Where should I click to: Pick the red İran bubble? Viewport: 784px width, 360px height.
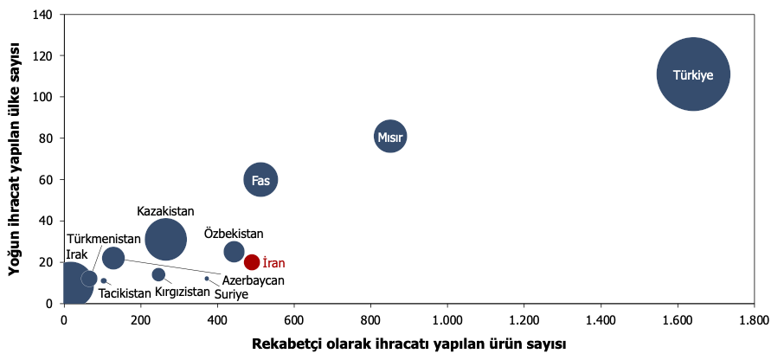(x=251, y=262)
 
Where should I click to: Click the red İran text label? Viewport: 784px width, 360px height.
(x=274, y=262)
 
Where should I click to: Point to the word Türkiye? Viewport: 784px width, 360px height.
(x=693, y=75)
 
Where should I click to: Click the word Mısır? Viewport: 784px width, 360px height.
(x=390, y=137)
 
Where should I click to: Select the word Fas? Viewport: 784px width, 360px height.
(x=260, y=181)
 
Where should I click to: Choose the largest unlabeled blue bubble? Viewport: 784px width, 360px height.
(x=165, y=239)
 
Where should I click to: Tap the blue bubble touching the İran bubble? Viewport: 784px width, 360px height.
(x=234, y=252)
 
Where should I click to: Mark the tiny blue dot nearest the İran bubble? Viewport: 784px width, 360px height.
(x=207, y=278)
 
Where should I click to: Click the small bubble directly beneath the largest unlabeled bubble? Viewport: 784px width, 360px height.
(x=158, y=274)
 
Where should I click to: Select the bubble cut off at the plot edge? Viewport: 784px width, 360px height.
(x=73, y=283)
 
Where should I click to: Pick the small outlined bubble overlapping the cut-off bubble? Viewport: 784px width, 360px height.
(x=89, y=278)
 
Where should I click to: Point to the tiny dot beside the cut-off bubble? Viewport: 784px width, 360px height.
(x=104, y=280)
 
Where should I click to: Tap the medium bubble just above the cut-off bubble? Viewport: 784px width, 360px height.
(x=113, y=258)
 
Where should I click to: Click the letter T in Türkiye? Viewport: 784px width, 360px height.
(x=677, y=75)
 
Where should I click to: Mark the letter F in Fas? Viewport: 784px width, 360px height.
(x=254, y=181)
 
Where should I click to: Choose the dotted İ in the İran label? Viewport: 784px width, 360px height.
(x=265, y=262)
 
